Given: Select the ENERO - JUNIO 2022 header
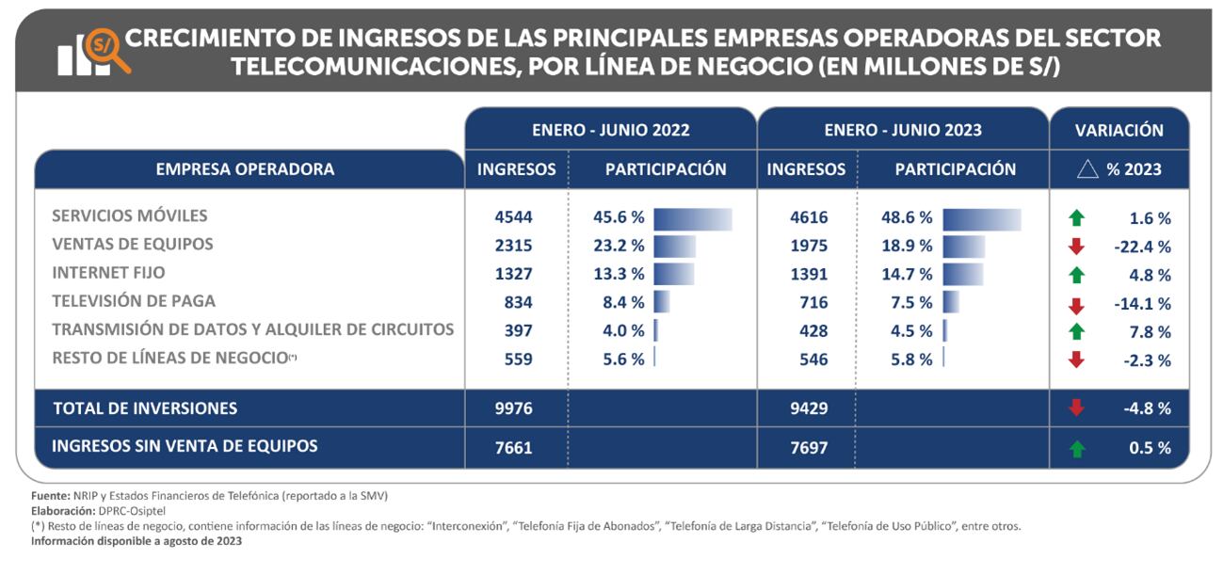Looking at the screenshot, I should click(610, 131).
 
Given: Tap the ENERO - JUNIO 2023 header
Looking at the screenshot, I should click(902, 131).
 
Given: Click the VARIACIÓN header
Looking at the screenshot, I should click(1118, 131).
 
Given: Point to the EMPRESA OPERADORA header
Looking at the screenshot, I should click(245, 170).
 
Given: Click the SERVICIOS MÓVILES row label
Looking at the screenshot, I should click(130, 216).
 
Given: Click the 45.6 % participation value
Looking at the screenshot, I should click(618, 217).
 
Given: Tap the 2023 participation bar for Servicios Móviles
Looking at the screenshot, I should click(981, 218).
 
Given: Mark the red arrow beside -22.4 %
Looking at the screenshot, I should click(1078, 247).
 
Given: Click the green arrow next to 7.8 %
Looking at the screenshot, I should click(1078, 331).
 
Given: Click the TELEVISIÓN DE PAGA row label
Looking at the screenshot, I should click(134, 301).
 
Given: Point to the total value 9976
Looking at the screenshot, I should click(514, 408).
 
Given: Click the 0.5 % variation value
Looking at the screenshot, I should click(1151, 448).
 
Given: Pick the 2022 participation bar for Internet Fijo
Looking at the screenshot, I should click(673, 275).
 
